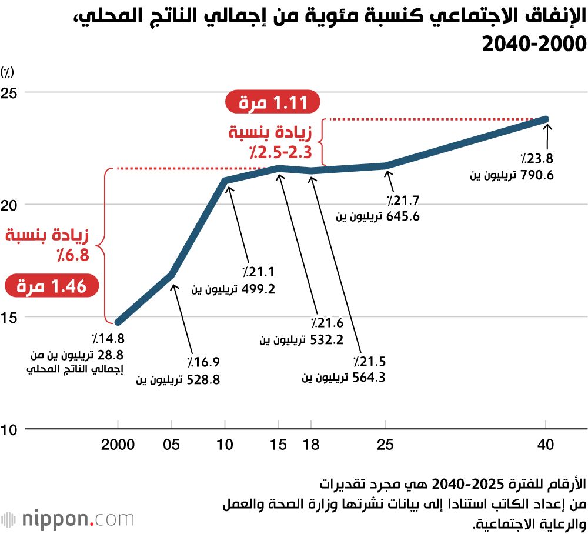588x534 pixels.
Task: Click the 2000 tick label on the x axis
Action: [x=118, y=445]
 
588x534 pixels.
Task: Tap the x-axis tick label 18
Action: [x=311, y=445]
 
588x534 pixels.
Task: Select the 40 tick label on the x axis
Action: [x=546, y=445]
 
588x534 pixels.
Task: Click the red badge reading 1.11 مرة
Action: [x=272, y=103]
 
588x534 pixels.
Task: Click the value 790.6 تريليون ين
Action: [x=511, y=175]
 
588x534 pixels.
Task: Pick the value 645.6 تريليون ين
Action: [x=377, y=216]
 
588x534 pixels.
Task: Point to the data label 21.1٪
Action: [x=259, y=272]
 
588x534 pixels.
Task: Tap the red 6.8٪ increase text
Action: [x=47, y=245]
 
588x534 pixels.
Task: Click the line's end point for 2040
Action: [x=546, y=119]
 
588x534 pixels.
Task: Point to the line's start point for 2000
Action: [x=118, y=322]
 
